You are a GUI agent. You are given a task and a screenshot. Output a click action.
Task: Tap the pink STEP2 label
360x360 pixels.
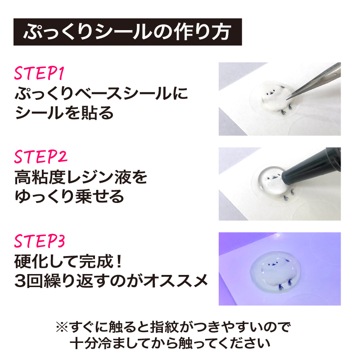41,158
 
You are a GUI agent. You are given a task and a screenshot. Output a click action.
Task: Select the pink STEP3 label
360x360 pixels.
41,242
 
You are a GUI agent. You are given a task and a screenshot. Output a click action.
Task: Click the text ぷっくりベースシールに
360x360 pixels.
101,95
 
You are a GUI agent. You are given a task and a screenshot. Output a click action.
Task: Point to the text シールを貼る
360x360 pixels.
64,114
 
